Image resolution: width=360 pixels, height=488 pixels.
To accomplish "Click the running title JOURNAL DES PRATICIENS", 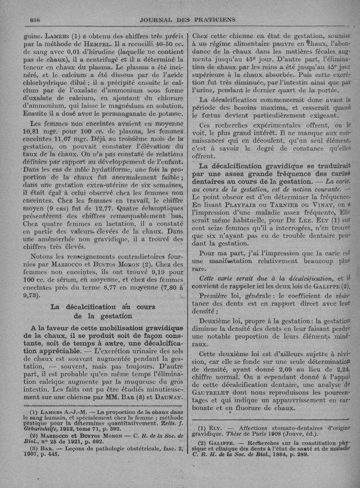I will [x=188, y=19].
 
